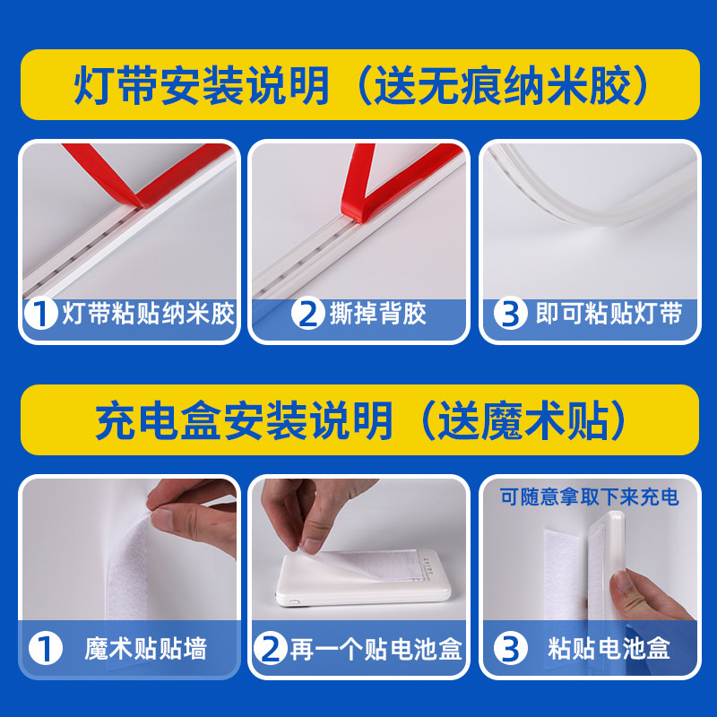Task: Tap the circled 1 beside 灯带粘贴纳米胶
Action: (40, 314)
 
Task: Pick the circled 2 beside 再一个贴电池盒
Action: (272, 648)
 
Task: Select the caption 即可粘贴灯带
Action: (609, 314)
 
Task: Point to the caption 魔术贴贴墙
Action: (146, 648)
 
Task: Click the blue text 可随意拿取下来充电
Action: (589, 495)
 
